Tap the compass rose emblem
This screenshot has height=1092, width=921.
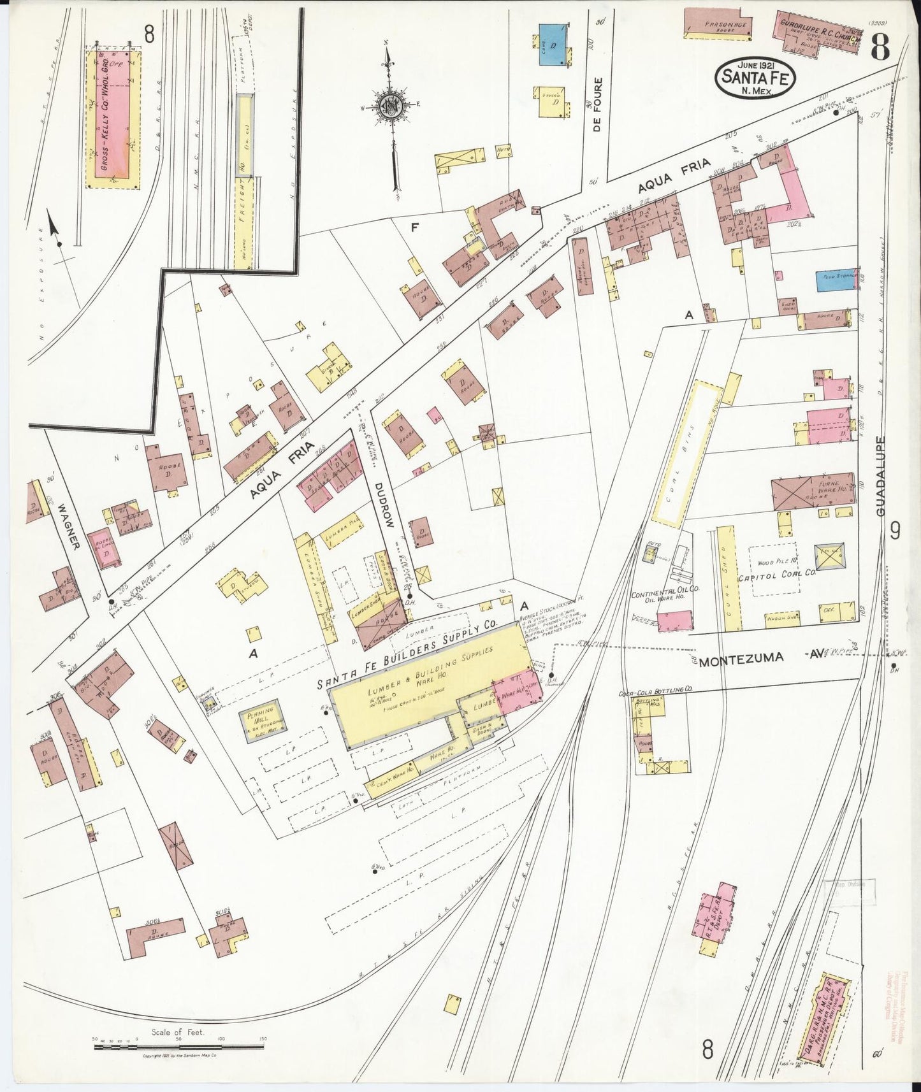386,106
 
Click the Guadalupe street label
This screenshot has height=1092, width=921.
882,478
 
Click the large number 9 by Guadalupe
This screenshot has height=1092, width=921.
895,530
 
